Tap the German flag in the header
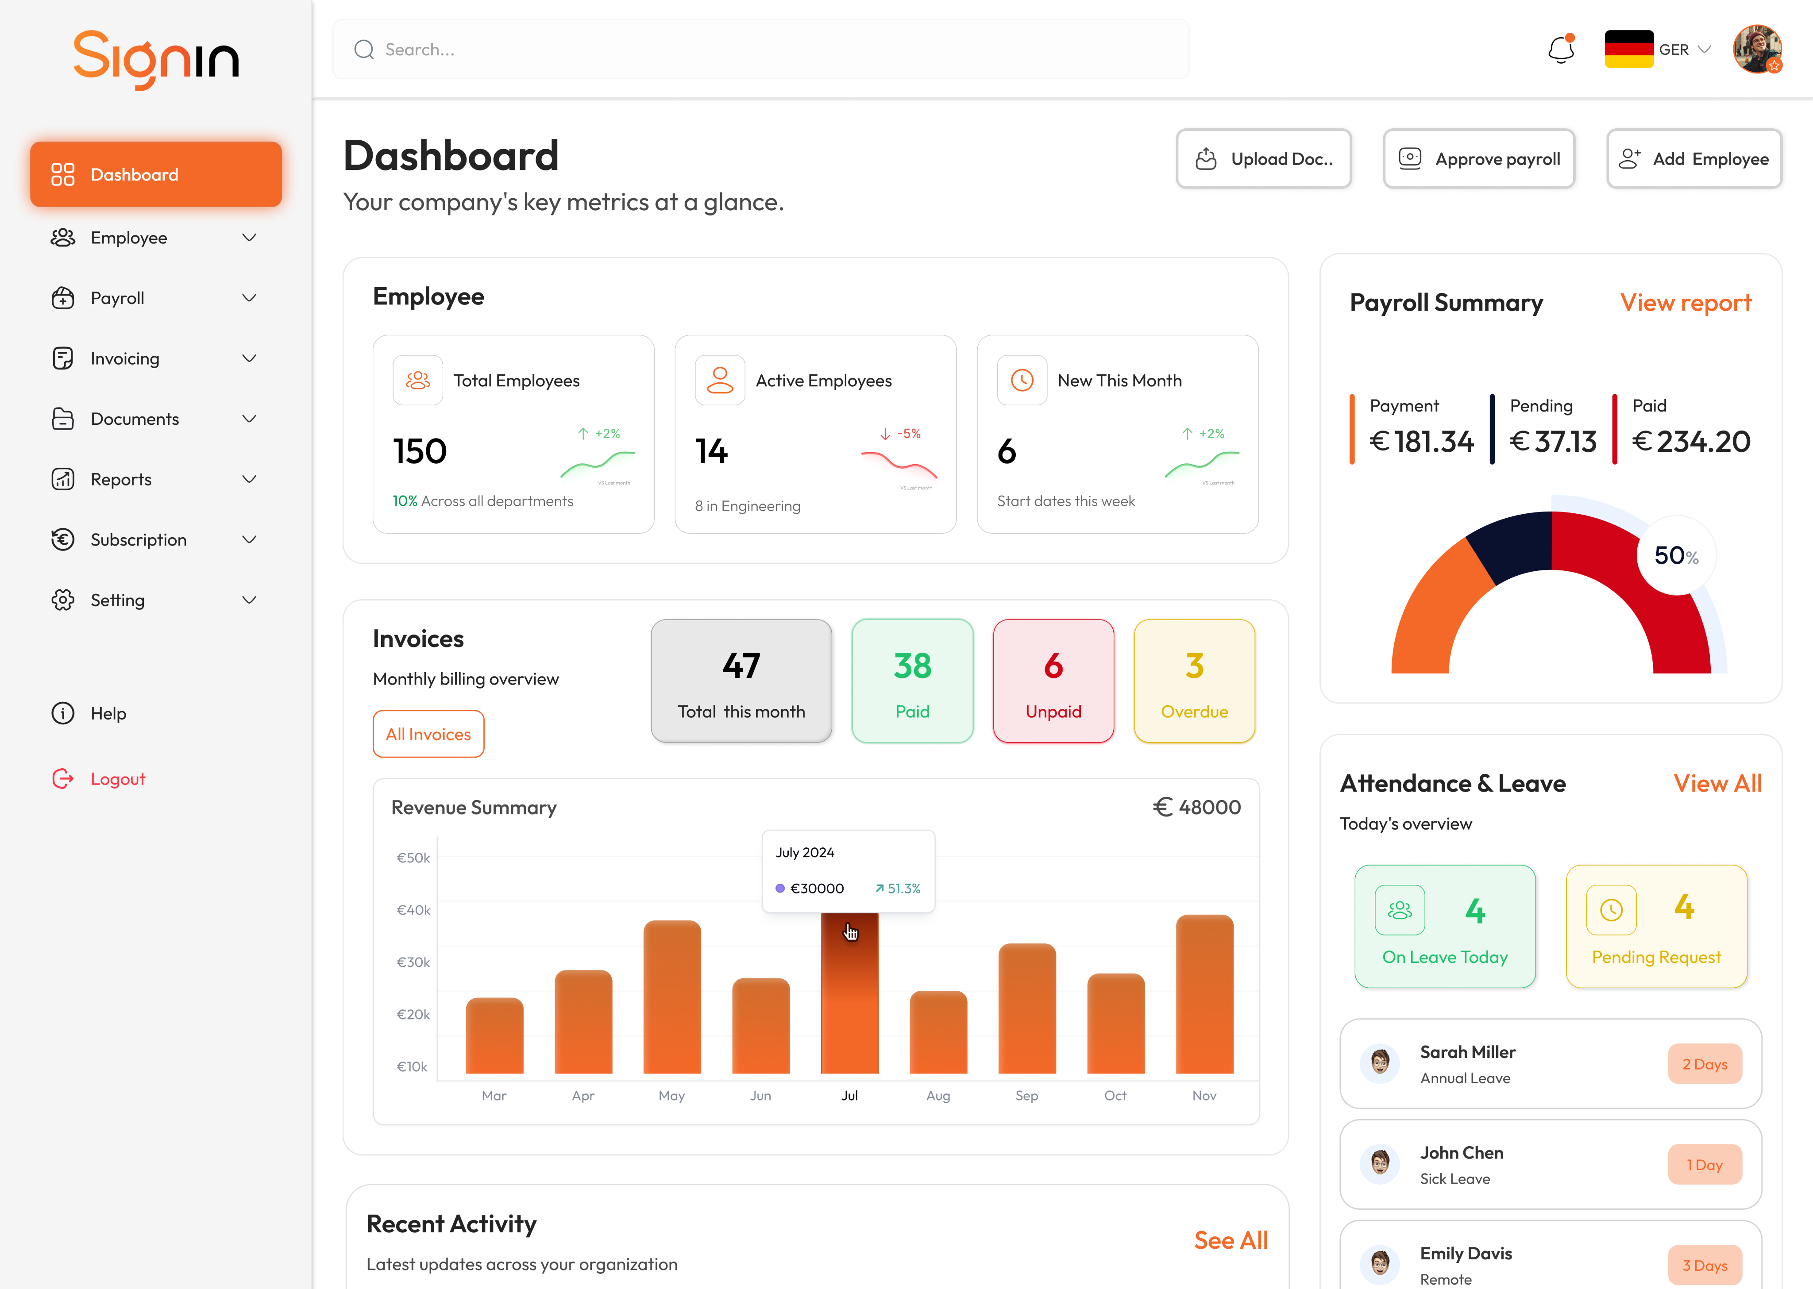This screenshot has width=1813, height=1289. [x=1628, y=49]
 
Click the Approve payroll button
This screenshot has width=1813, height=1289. [x=1479, y=159]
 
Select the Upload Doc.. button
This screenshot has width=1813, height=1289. [x=1264, y=159]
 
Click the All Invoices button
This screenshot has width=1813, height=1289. [x=428, y=734]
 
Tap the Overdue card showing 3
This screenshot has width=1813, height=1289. [x=1194, y=681]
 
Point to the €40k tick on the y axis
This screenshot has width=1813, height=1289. [x=413, y=910]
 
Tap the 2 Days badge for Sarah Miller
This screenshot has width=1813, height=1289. [x=1704, y=1064]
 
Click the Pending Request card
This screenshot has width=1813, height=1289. [x=1656, y=926]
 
